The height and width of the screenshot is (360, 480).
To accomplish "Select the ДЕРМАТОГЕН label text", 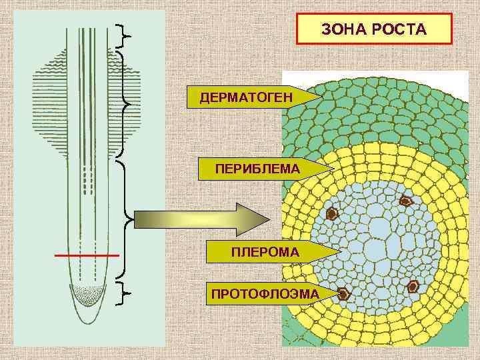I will point(246,98).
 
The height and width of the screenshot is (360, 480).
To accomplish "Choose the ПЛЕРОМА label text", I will point(265,252).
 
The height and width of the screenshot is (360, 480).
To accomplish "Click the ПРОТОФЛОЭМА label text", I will point(265,293).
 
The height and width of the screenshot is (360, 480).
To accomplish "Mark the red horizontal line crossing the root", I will point(87,255).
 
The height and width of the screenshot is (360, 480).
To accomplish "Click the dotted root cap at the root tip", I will point(89,293).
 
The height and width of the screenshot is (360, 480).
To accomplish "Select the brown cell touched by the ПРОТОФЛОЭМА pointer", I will point(343,293).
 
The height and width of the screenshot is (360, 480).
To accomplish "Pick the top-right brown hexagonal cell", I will point(405,201).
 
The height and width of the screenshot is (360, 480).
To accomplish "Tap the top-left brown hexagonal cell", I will point(332,214).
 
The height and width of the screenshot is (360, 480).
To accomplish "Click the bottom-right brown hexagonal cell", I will point(413,287).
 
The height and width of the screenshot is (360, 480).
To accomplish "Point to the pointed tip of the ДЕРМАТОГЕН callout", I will point(322,98).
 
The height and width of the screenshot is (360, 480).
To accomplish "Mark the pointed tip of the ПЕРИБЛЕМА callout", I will point(331,169).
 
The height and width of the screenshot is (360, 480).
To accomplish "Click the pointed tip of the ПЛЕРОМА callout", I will point(339,252).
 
